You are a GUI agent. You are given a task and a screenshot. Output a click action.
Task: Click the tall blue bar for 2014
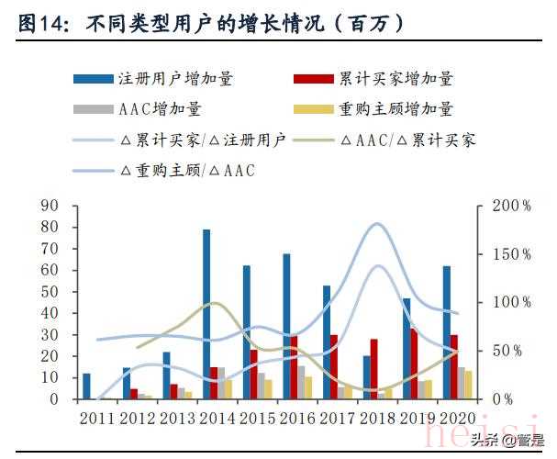pyautogui.click(x=206, y=314)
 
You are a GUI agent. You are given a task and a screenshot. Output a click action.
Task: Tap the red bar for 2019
pyautogui.click(x=414, y=364)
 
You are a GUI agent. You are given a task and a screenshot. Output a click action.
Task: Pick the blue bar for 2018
pyautogui.click(x=367, y=377)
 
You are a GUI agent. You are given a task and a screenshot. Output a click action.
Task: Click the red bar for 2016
pyautogui.click(x=294, y=367)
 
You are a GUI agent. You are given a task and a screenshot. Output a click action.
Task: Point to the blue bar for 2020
pyautogui.click(x=446, y=332)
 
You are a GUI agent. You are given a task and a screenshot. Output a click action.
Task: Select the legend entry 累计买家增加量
pyautogui.click(x=395, y=79)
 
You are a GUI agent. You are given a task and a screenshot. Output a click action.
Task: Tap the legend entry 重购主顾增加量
pyautogui.click(x=395, y=109)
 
